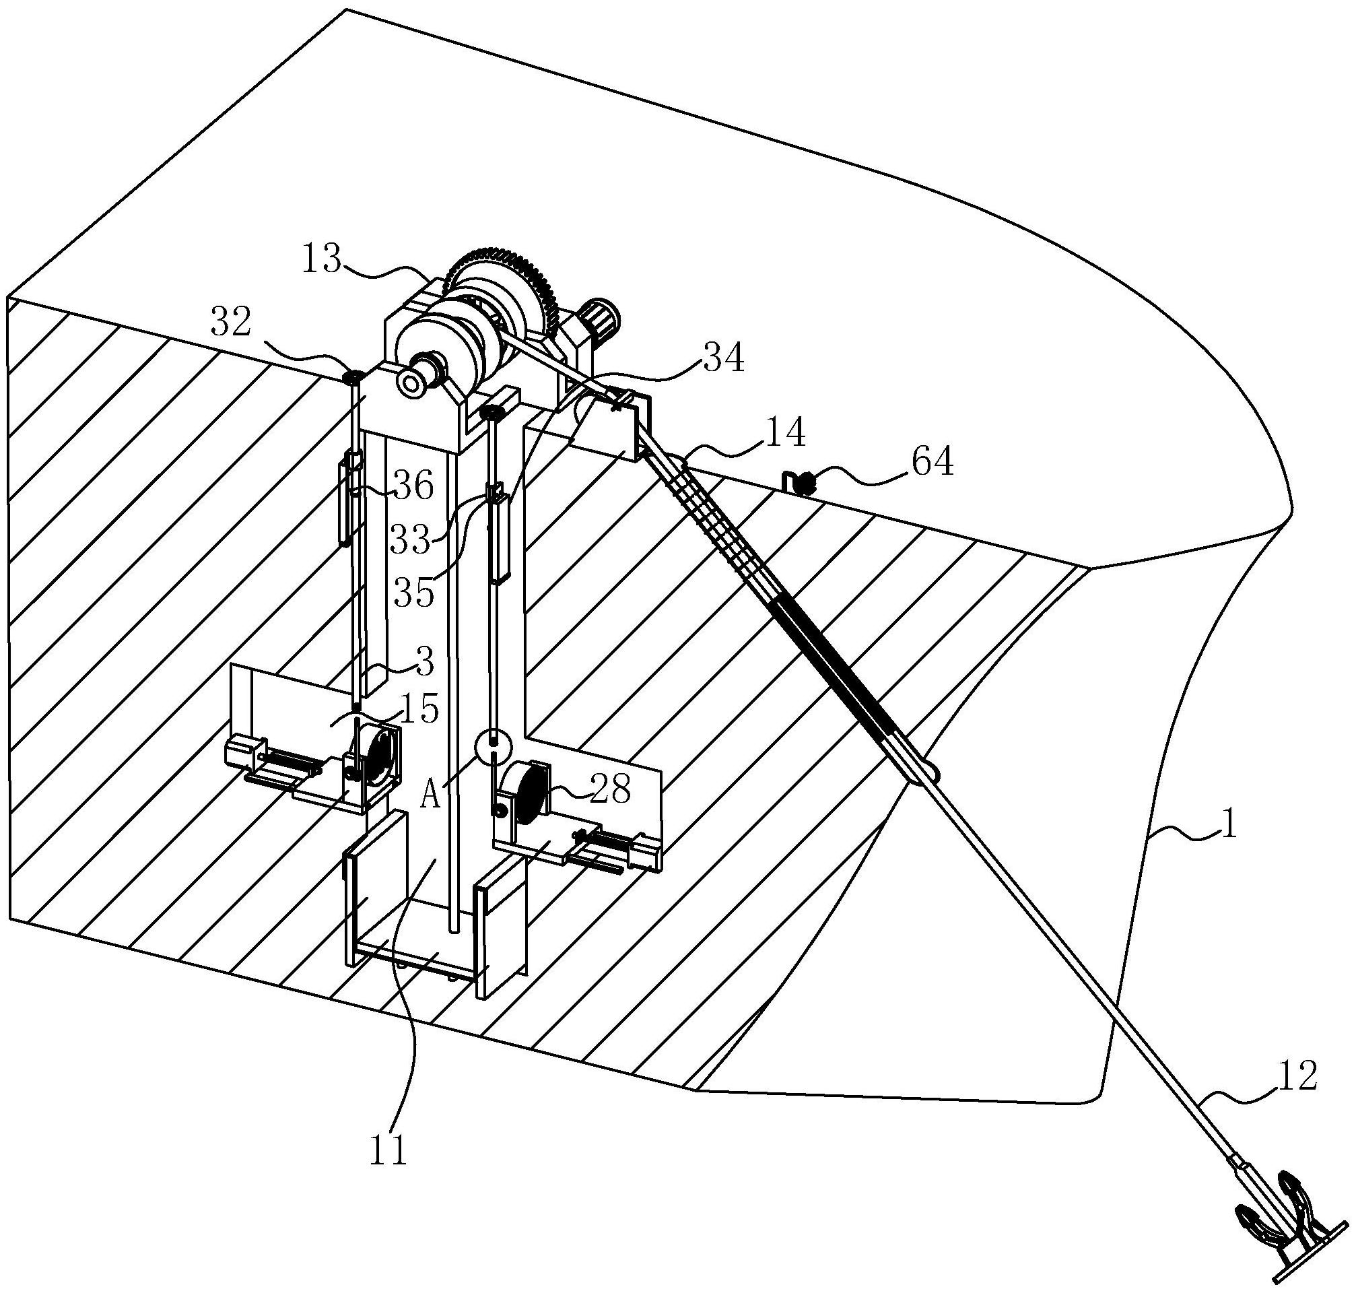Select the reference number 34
click(724, 358)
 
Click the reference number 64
click(933, 463)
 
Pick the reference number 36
click(413, 487)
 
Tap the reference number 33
click(410, 539)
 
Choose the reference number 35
click(414, 592)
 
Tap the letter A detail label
click(431, 797)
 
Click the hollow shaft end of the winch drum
click(411, 383)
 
